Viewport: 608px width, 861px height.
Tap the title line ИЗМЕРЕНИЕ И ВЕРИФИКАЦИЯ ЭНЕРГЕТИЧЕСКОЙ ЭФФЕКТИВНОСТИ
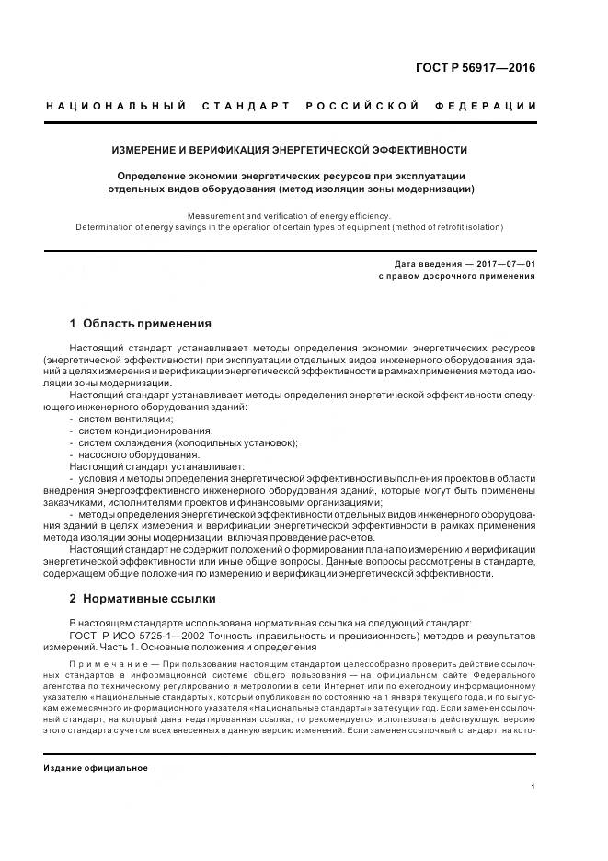point(290,149)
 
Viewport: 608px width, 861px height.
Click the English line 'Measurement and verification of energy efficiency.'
point(290,215)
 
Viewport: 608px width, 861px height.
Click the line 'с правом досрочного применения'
point(457,275)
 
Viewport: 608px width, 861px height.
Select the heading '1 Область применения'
point(141,324)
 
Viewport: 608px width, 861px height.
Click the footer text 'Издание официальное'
point(96,767)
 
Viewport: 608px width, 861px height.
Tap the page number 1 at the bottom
point(533,786)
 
